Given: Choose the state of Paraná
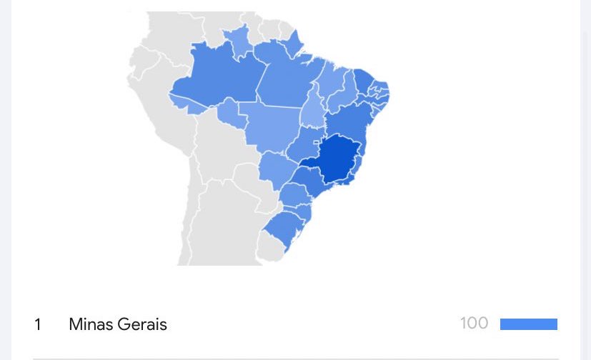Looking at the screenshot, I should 293,194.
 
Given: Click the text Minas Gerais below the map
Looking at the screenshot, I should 118,324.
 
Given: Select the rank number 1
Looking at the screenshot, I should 38,324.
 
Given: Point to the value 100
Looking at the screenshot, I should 474,324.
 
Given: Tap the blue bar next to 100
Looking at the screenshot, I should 528,324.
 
